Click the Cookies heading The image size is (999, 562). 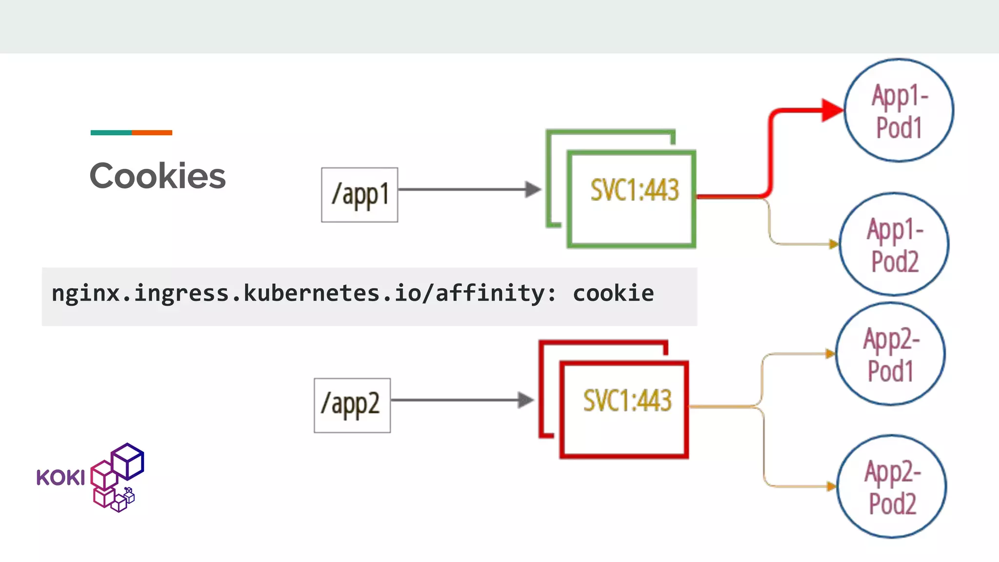158,176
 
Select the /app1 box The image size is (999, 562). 360,195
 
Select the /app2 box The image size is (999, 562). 352,405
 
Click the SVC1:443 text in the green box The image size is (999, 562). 634,190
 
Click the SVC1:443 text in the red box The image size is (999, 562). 627,401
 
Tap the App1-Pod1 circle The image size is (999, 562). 899,110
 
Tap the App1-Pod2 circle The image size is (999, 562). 894,244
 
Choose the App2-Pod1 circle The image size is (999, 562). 890,354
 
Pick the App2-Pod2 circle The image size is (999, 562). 892,486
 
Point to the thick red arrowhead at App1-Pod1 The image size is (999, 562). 831,110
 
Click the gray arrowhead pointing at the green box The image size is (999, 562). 533,189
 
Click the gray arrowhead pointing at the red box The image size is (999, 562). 525,400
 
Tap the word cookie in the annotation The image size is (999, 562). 613,293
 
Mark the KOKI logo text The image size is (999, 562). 60,478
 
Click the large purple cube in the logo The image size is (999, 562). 128,461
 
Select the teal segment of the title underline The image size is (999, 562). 111,133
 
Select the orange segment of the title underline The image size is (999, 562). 152,133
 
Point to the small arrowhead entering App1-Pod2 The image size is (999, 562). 834,243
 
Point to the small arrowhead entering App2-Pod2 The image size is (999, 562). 831,486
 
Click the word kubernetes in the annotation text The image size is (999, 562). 312,293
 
